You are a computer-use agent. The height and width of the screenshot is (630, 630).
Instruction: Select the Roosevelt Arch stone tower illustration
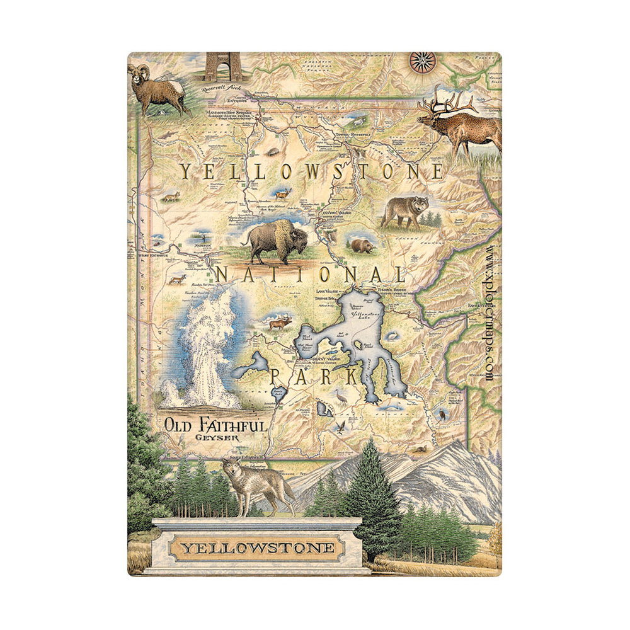point(223,66)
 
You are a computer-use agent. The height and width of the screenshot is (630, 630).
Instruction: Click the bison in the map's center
point(278,241)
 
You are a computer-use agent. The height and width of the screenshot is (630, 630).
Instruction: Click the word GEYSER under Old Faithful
point(212,437)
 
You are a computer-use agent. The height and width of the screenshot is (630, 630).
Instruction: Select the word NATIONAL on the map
point(311,275)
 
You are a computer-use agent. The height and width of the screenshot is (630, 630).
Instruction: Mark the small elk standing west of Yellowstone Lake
point(280,324)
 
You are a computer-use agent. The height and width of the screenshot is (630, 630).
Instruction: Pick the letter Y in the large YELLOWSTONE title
point(186,171)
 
